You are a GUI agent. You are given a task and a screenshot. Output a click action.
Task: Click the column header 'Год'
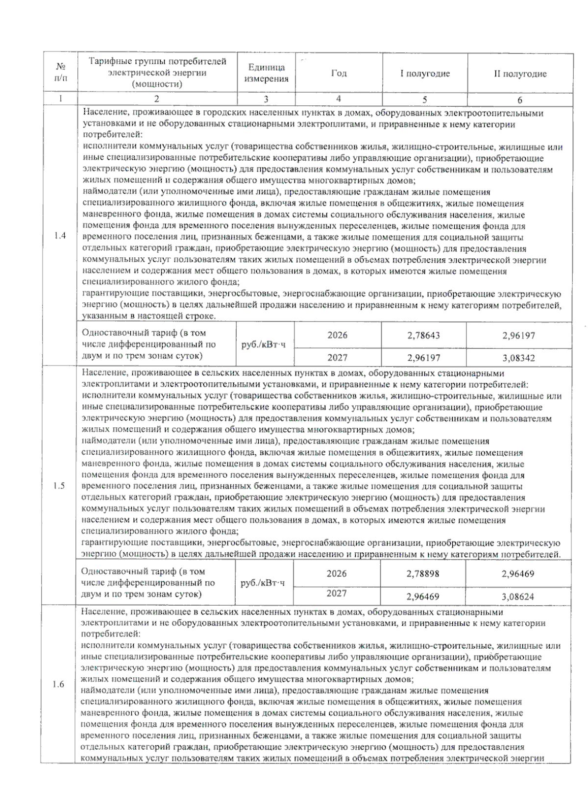coord(339,73)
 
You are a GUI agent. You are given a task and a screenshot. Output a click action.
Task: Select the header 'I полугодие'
coord(425,74)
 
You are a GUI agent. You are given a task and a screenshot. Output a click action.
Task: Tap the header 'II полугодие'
coord(520,74)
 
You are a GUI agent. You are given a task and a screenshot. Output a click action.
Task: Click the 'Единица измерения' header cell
coord(266,73)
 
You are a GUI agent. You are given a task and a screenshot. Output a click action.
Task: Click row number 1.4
coord(60,236)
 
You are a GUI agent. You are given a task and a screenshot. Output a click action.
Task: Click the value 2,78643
coord(423,336)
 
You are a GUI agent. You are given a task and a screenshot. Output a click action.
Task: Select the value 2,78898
coord(422,574)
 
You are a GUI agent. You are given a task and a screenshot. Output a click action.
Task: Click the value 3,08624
coord(517,597)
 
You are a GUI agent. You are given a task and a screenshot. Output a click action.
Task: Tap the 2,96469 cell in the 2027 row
coord(422,597)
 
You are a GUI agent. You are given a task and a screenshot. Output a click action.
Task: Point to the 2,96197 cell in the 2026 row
coord(518,336)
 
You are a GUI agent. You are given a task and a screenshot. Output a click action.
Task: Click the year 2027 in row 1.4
coord(338,358)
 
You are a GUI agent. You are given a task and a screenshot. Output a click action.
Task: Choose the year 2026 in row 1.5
coord(337,573)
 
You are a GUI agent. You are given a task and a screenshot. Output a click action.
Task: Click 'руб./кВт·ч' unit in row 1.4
coord(264,344)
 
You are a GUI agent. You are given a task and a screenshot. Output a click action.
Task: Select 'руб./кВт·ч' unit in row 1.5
coord(264,583)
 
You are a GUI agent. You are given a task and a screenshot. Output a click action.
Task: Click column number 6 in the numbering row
coord(520,100)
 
